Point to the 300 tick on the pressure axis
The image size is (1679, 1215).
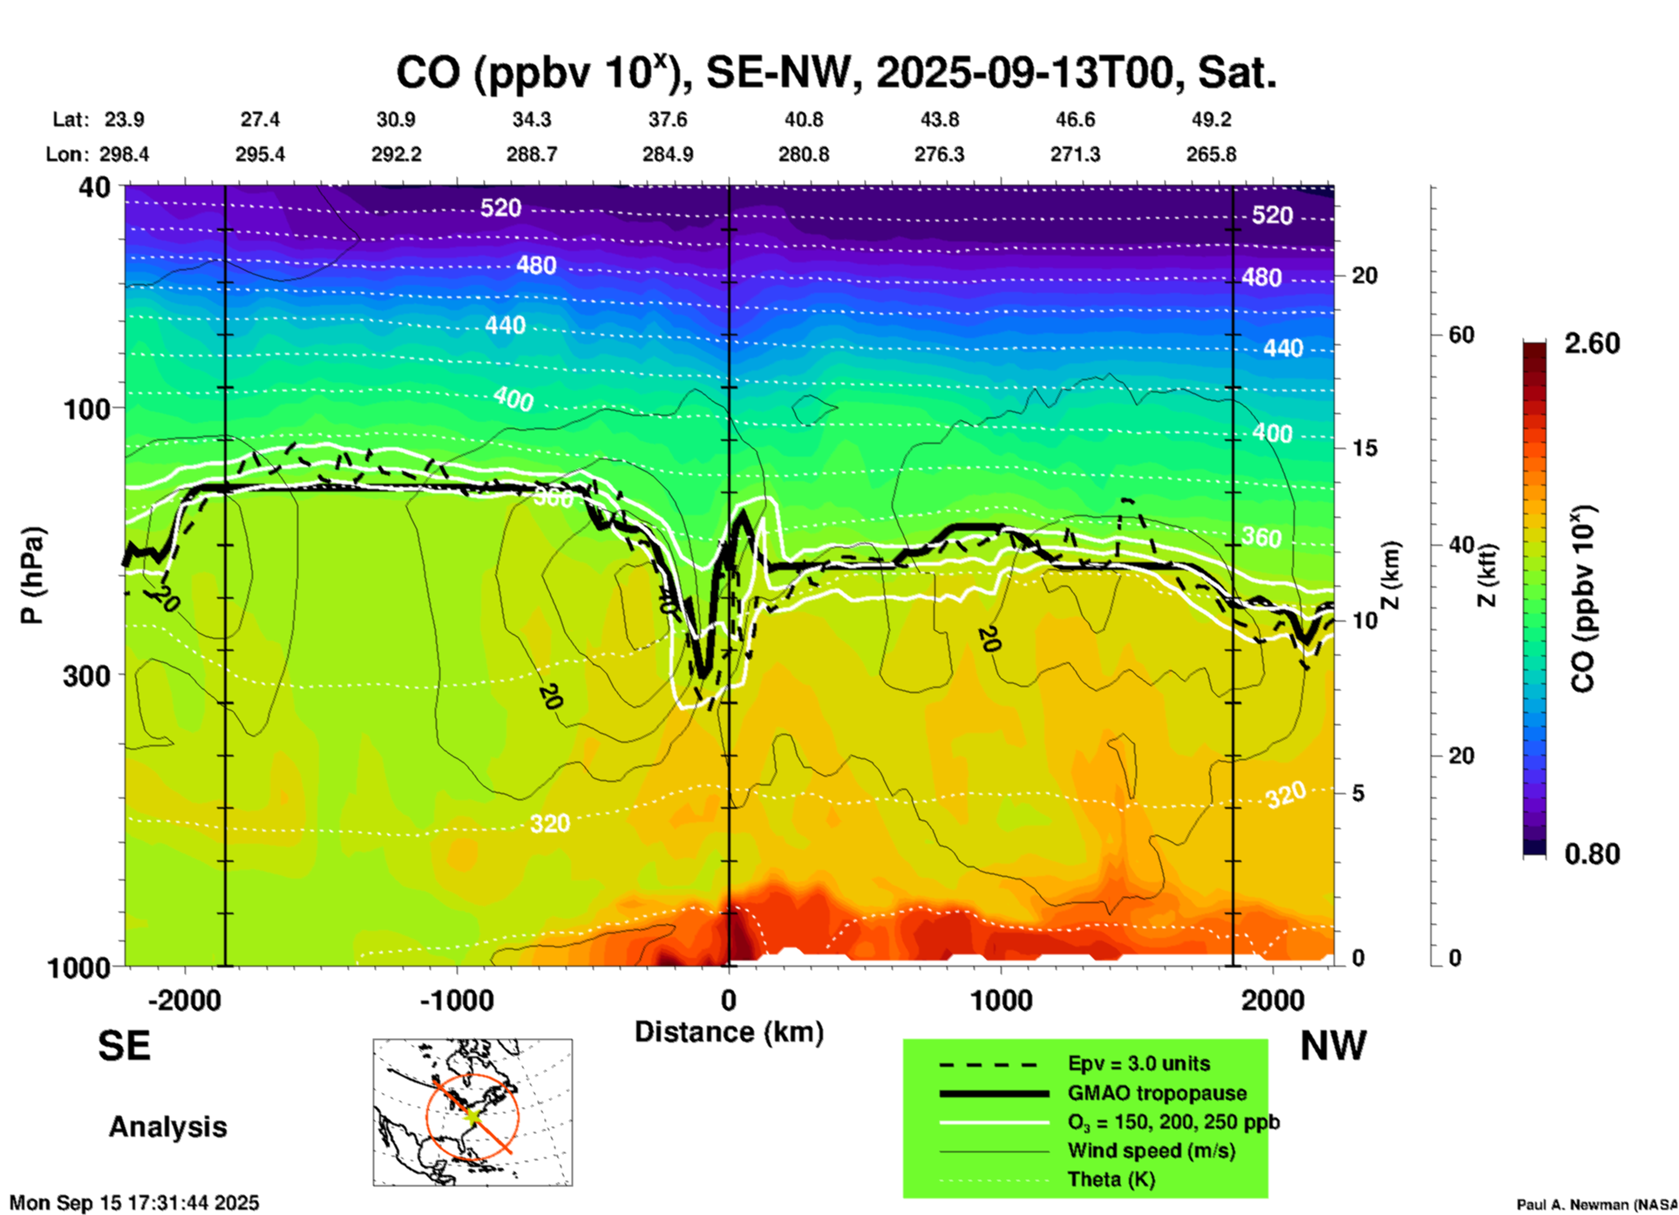coord(86,675)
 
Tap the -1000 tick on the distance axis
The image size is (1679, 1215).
coord(457,1001)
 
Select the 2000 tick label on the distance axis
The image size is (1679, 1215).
coord(1273,1001)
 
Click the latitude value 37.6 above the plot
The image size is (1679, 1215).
coord(668,119)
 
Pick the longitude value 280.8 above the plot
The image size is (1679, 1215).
coord(803,154)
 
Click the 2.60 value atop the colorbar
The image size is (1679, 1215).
coord(1592,343)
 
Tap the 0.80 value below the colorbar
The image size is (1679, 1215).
coord(1592,854)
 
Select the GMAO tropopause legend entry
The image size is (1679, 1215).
coord(1157,1093)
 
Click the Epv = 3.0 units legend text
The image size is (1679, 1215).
coord(1139,1064)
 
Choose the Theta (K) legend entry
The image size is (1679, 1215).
coord(1111,1180)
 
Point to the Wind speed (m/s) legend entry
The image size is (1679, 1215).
coord(1151,1151)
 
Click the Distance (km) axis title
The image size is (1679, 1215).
coord(729,1032)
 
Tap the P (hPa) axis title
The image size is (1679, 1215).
coord(32,575)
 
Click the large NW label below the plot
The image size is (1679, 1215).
coord(1333,1046)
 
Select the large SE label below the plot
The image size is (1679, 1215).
coord(124,1046)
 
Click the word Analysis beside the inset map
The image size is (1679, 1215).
coord(167,1127)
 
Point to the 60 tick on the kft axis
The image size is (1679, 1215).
coord(1461,335)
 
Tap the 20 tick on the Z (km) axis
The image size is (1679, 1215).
coord(1364,276)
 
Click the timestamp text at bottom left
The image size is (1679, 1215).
coord(134,1203)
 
